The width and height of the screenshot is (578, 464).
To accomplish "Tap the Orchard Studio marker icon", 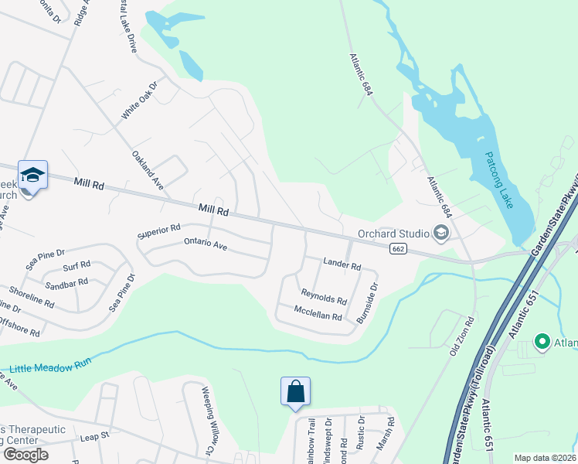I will pyautogui.click(x=441, y=233).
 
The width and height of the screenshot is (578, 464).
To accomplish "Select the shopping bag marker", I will pyautogui.click(x=295, y=392).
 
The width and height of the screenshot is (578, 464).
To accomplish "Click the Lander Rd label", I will pyautogui.click(x=342, y=266).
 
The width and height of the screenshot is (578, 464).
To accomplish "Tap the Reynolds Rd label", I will pyautogui.click(x=324, y=297).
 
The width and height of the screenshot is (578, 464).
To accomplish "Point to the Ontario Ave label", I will pyautogui.click(x=205, y=244).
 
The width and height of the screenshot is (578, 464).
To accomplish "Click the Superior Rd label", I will pyautogui.click(x=158, y=230).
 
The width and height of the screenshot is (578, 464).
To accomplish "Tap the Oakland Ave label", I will pyautogui.click(x=148, y=170).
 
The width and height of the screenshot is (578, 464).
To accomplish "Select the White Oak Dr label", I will pyautogui.click(x=138, y=100).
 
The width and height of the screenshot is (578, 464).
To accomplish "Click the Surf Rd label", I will pyautogui.click(x=76, y=265).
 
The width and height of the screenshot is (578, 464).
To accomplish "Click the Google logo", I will pyautogui.click(x=25, y=455).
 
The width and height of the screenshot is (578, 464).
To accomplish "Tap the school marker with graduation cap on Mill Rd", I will pyautogui.click(x=33, y=176).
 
